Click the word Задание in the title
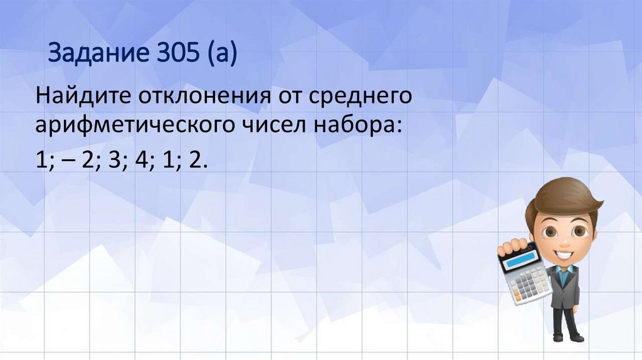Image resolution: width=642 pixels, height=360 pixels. tap(93, 54)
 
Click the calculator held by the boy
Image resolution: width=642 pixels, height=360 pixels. tap(524, 273)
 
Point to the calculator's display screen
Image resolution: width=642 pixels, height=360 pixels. tap(518, 255)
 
